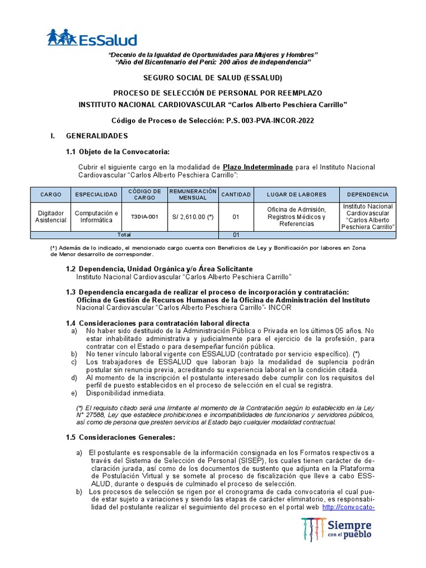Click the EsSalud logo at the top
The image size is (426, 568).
pos(92,37)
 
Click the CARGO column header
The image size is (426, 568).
pos(50,195)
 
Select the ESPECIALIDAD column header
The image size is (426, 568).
pos(96,195)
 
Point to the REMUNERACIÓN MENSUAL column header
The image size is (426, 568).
pos(192,195)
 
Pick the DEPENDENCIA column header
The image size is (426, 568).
pos(367,195)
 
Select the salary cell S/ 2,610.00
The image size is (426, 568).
pos(192,217)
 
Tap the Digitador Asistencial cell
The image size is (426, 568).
pos(50,217)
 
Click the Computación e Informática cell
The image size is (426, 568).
pos(96,217)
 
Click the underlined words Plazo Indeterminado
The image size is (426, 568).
pos(257,167)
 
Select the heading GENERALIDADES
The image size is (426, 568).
pos(97,136)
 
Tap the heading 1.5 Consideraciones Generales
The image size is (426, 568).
pos(120,438)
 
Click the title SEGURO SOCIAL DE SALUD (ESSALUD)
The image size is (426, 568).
pos(213,78)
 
